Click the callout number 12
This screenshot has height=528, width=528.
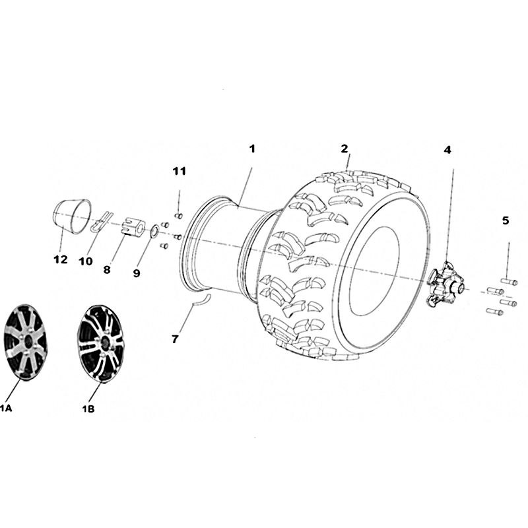point(61,259)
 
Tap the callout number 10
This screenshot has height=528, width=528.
point(86,261)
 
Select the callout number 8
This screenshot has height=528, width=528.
point(107,270)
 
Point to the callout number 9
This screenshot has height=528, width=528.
point(137,273)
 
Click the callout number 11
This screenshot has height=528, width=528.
point(179,171)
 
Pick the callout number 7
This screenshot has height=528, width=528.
point(174,339)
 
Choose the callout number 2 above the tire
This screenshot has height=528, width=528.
point(344,148)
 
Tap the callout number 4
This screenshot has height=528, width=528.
point(447,150)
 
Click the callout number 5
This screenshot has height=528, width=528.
point(506,221)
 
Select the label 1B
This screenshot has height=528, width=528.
point(88,409)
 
